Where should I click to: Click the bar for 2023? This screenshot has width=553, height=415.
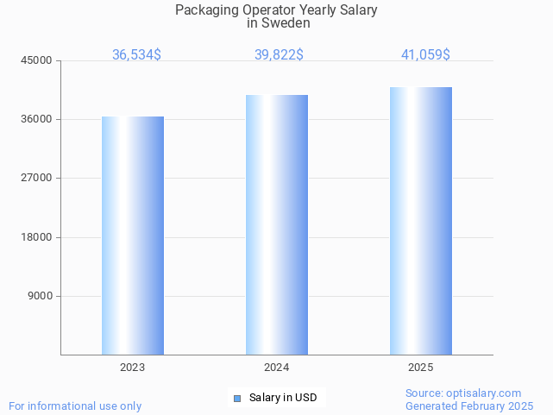tap(133, 236)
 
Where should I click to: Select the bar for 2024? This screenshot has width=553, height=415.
tap(277, 224)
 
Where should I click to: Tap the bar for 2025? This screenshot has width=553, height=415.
tap(421, 221)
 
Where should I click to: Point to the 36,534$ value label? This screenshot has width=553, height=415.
tap(136, 54)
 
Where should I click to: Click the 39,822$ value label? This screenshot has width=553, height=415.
tap(279, 54)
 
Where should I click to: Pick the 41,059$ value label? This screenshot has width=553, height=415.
tap(425, 54)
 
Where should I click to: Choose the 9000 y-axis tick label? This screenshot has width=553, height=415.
tap(41, 296)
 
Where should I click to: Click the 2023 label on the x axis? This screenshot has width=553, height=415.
tap(133, 368)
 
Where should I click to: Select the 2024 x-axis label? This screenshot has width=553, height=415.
tap(277, 368)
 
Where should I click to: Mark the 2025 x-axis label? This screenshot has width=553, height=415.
tap(421, 368)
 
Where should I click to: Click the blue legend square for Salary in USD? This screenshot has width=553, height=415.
tap(237, 398)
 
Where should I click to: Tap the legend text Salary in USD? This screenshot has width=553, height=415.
tap(283, 398)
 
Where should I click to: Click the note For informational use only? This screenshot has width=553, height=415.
tap(75, 406)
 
